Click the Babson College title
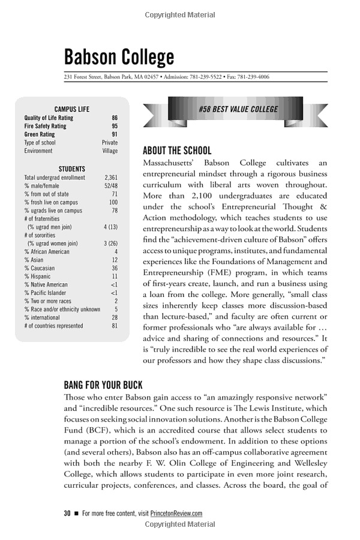tap(119, 57)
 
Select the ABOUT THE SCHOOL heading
tap(177, 151)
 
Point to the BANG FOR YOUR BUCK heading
tap(103, 384)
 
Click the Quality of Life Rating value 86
tap(115, 118)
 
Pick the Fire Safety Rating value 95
tap(115, 127)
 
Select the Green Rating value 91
tap(115, 135)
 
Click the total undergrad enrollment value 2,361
tap(111, 178)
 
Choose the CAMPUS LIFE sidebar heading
tap(72, 109)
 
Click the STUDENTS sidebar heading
tap(72, 169)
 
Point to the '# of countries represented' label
tap(54, 326)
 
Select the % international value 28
tap(115, 317)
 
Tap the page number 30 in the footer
tap(67, 513)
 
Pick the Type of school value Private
tap(110, 143)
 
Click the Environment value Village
tap(110, 151)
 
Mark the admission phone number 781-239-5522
tap(206, 77)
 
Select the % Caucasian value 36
tap(115, 268)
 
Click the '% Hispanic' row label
tap(38, 277)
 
